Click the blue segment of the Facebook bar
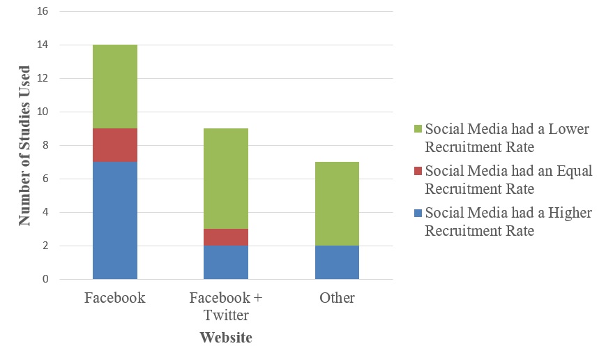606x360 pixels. pos(115,220)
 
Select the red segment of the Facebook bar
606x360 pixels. pos(115,145)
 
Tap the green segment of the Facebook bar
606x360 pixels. pos(115,87)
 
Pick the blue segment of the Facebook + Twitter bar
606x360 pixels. pos(226,262)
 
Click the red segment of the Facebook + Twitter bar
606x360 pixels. pos(226,237)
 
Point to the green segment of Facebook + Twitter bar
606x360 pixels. pos(226,179)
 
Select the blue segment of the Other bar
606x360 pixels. pos(337,262)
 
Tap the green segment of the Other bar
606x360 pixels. pos(337,204)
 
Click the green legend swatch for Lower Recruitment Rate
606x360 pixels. pos(418,130)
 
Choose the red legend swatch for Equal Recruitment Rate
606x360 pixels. pos(418,171)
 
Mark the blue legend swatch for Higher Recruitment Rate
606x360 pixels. pos(418,213)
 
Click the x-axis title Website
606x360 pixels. pos(225,338)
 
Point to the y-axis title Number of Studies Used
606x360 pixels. pos(25,145)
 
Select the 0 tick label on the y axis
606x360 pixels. pos(45,280)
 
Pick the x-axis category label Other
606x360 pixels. pos(337,298)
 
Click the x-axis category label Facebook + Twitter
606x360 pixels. pos(226,306)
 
